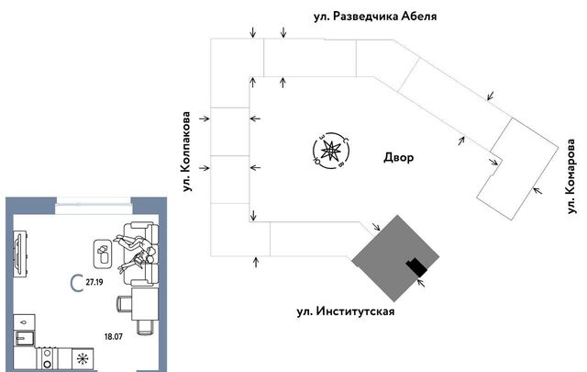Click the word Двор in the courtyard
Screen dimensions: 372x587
coord(398,158)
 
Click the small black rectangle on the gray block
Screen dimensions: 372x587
coord(417,266)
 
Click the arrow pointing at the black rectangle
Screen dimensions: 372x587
coord(423,282)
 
